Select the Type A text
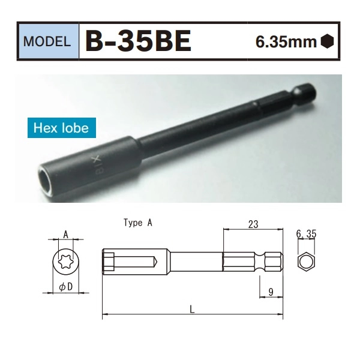(x=138, y=223)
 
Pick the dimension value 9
(x=271, y=292)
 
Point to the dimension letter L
(x=191, y=309)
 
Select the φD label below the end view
(x=65, y=287)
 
